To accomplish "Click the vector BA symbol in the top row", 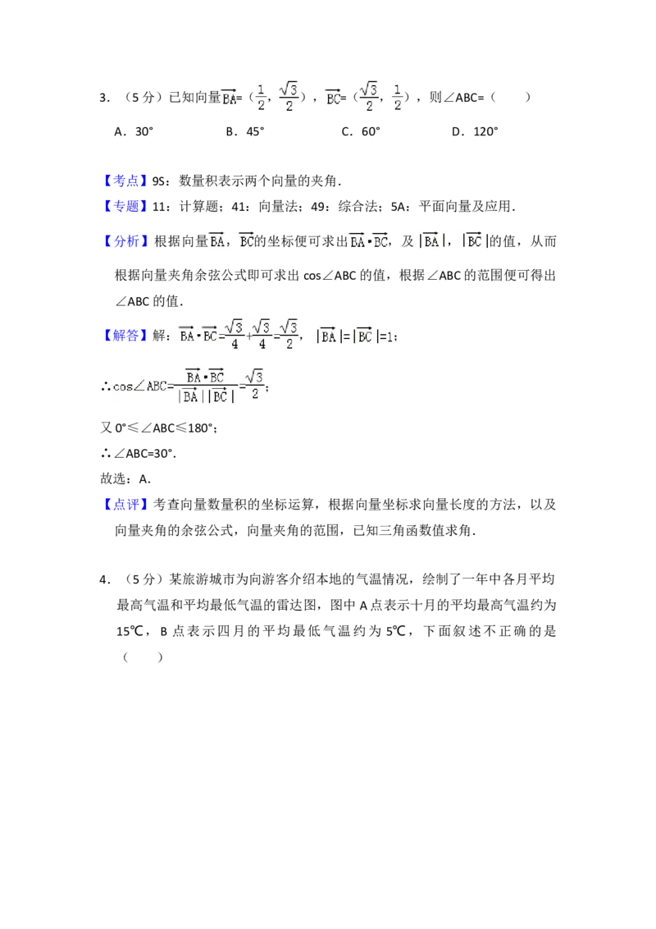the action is [229, 98].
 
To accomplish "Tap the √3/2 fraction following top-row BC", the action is [368, 98].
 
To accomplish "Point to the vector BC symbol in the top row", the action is [332, 98].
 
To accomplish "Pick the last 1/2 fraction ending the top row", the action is [397, 95].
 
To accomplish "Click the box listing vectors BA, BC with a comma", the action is [230, 242].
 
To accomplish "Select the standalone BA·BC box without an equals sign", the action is [368, 242].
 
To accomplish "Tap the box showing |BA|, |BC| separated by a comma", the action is [452, 242].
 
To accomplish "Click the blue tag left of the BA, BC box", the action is [127, 241].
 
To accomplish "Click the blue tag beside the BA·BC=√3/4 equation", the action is [127, 335].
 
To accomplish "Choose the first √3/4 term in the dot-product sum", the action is [235, 335].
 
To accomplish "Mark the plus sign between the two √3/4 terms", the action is [248, 336].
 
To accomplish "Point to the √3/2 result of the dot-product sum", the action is [289, 335].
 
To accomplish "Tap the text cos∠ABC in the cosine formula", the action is [139, 386].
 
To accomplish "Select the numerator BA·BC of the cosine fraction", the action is [204, 377].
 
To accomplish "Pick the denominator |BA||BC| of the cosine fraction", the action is [206, 396].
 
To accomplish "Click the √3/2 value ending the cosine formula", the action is [256, 384].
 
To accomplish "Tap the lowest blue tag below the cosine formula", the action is [127, 503].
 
